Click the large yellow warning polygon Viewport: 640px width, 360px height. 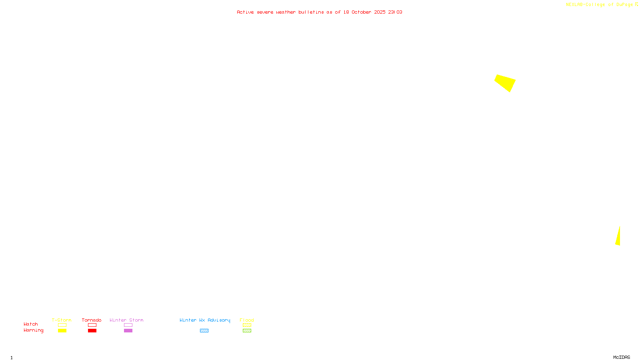click(505, 82)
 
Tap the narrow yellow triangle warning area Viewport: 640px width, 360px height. click(618, 238)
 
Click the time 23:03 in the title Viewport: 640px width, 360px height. click(395, 12)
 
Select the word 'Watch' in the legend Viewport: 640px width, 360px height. click(31, 324)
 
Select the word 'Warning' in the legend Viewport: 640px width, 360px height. click(33, 330)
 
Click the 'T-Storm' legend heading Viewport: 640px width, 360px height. click(62, 320)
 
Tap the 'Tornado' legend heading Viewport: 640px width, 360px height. click(92, 320)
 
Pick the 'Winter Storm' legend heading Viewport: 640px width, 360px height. click(126, 320)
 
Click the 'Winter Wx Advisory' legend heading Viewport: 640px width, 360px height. click(205, 320)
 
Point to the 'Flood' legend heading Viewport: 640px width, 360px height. click(247, 320)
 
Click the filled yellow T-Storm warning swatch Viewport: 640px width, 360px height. click(62, 331)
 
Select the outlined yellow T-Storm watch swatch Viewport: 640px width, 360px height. click(62, 325)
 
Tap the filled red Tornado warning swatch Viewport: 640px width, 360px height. click(92, 331)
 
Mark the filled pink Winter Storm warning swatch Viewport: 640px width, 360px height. click(128, 331)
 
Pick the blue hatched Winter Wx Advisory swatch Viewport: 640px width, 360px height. click(204, 331)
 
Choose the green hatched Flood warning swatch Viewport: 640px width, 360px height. click(247, 331)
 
